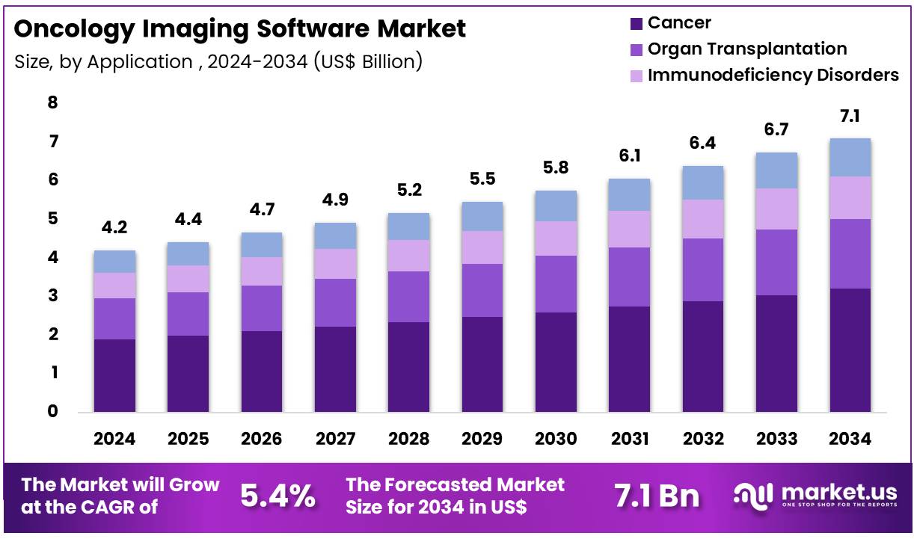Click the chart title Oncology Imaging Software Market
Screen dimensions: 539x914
coord(239,29)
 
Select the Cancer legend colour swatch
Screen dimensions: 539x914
coord(636,23)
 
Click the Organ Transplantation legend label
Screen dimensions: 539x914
coord(747,49)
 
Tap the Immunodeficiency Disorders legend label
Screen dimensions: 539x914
coord(773,76)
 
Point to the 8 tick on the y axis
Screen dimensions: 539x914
coord(52,102)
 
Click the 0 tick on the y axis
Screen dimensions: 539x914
coord(52,411)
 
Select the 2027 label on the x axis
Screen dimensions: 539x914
coord(335,440)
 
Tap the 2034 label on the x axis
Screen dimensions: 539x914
coord(850,440)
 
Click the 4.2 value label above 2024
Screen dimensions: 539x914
coord(114,227)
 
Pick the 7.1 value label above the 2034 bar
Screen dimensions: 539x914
coord(850,116)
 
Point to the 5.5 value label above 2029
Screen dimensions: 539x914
coord(482,179)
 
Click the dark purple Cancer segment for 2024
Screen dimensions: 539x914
coord(114,375)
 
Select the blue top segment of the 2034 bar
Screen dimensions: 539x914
coord(850,157)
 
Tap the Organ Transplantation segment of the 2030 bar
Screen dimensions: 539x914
coord(556,284)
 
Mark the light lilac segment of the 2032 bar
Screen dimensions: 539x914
coord(703,218)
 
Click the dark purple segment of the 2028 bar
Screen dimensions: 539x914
coord(408,366)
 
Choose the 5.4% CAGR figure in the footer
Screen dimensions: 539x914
coord(277,496)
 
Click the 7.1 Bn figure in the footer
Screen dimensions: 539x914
coord(657,496)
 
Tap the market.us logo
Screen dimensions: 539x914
coord(815,496)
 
